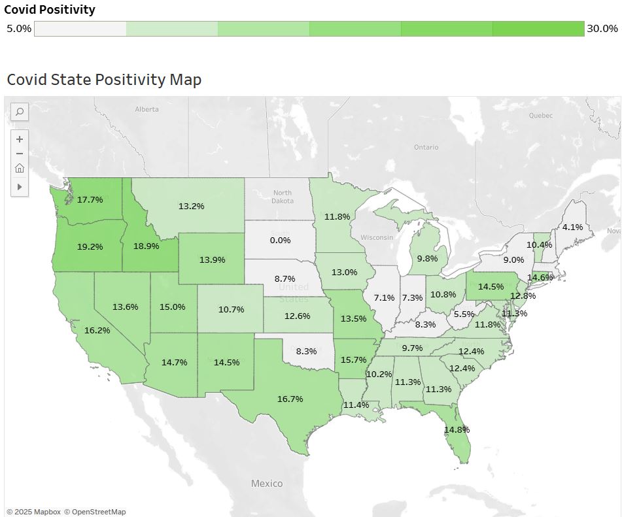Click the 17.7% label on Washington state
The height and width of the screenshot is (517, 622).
pos(90,199)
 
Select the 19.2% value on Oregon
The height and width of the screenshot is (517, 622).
pos(90,247)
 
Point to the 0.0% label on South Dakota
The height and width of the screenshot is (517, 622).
pos(280,241)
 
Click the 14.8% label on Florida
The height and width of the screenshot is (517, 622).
pos(457,429)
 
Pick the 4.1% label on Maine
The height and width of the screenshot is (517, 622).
pos(572,227)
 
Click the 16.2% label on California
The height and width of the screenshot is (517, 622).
pos(97,331)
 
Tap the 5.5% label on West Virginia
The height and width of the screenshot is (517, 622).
pos(463,314)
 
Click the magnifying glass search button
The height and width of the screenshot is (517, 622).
pos(20,112)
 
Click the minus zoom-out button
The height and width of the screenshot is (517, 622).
pos(20,154)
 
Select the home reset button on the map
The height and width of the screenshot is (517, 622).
pos(20,169)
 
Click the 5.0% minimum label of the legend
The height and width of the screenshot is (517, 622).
pos(18,29)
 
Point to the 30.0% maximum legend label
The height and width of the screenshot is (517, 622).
pos(602,29)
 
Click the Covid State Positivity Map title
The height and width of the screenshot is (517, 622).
pos(104,80)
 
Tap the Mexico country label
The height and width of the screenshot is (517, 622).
pos(267,484)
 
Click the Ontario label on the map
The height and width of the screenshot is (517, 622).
pos(426,147)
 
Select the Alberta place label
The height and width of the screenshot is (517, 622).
pos(147,109)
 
